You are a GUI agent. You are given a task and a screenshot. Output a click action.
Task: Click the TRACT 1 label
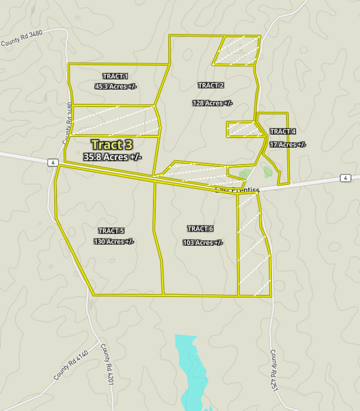coord(115,76)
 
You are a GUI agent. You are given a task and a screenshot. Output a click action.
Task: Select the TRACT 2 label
coord(211,85)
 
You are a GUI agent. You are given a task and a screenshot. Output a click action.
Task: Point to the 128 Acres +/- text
coord(213,103)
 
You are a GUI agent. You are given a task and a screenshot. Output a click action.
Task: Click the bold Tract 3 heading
coord(112,144)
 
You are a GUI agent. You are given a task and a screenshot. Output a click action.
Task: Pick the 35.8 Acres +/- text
coord(113,157)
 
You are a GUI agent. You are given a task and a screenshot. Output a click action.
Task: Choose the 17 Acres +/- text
coord(287,144)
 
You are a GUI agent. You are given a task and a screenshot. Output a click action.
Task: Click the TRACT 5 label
coord(111,231)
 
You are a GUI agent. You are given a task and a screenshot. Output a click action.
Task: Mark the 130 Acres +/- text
coord(114,241)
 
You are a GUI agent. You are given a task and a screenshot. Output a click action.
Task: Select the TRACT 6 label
coord(200,229)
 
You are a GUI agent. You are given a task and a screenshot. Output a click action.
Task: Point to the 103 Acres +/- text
coord(202,243)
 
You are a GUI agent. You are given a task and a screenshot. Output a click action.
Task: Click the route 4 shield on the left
coord(52,162)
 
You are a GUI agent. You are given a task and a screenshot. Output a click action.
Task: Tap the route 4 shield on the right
coord(346,178)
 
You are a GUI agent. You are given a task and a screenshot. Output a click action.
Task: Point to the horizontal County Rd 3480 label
coord(22,38)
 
